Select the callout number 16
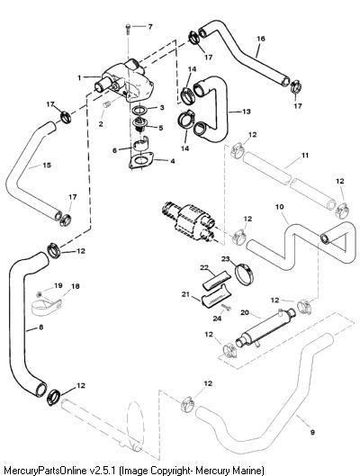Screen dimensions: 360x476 (261, 39)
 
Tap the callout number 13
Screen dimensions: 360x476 (247, 112)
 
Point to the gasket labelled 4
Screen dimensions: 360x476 (141, 160)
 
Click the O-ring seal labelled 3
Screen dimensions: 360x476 (139, 110)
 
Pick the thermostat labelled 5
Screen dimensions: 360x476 (139, 124)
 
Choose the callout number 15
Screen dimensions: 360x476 (47, 166)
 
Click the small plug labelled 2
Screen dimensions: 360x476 (106, 105)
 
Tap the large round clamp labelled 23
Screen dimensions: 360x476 (245, 273)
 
